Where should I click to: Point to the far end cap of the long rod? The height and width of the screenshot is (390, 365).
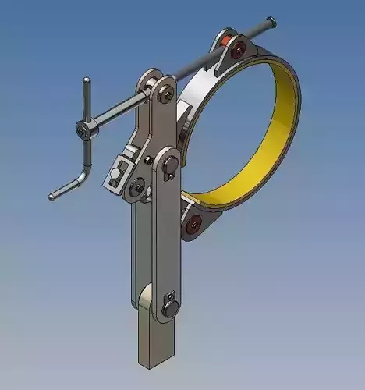(270, 22)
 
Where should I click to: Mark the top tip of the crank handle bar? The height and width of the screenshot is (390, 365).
(87, 80)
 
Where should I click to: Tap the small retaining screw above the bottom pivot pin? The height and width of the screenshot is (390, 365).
(165, 297)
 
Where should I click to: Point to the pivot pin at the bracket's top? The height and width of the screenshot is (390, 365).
(165, 94)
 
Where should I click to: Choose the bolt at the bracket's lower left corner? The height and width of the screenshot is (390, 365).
(137, 186)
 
